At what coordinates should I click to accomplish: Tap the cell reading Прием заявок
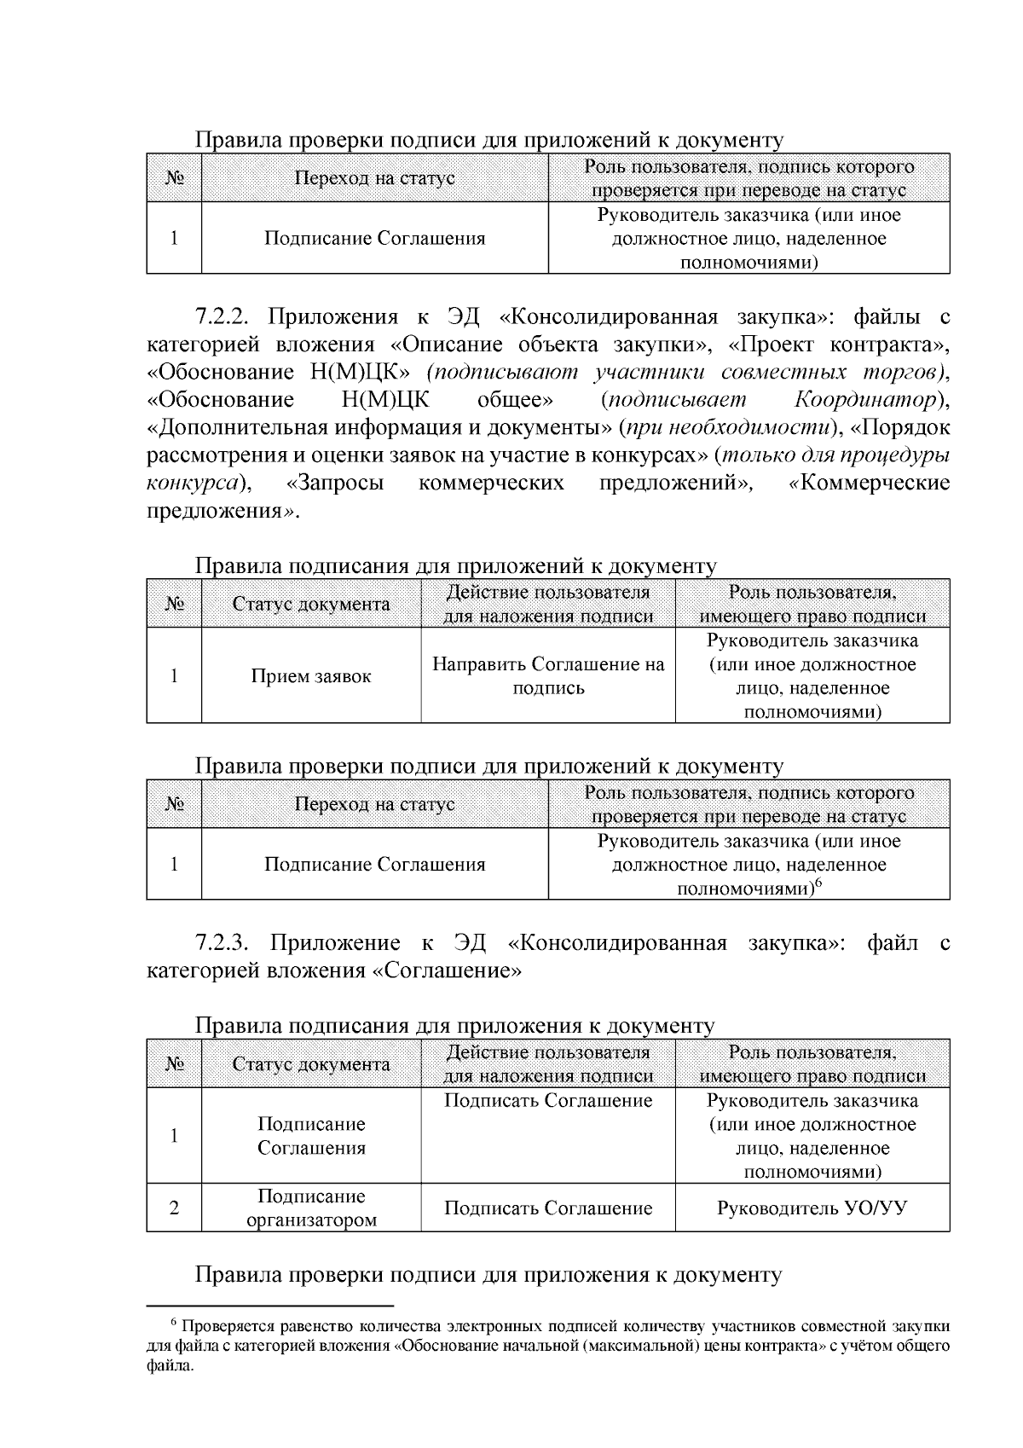(311, 676)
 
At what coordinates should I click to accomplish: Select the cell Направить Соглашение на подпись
(548, 675)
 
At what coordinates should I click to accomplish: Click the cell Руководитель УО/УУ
(812, 1208)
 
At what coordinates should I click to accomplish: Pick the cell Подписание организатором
(311, 1208)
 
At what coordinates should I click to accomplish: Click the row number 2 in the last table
(174, 1208)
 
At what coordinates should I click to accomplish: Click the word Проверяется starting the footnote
(224, 1327)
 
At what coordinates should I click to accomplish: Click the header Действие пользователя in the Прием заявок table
(548, 593)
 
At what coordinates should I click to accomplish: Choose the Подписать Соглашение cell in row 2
(548, 1208)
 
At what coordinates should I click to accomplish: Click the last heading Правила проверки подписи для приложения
(488, 1275)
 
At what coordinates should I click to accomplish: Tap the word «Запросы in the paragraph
(335, 484)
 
